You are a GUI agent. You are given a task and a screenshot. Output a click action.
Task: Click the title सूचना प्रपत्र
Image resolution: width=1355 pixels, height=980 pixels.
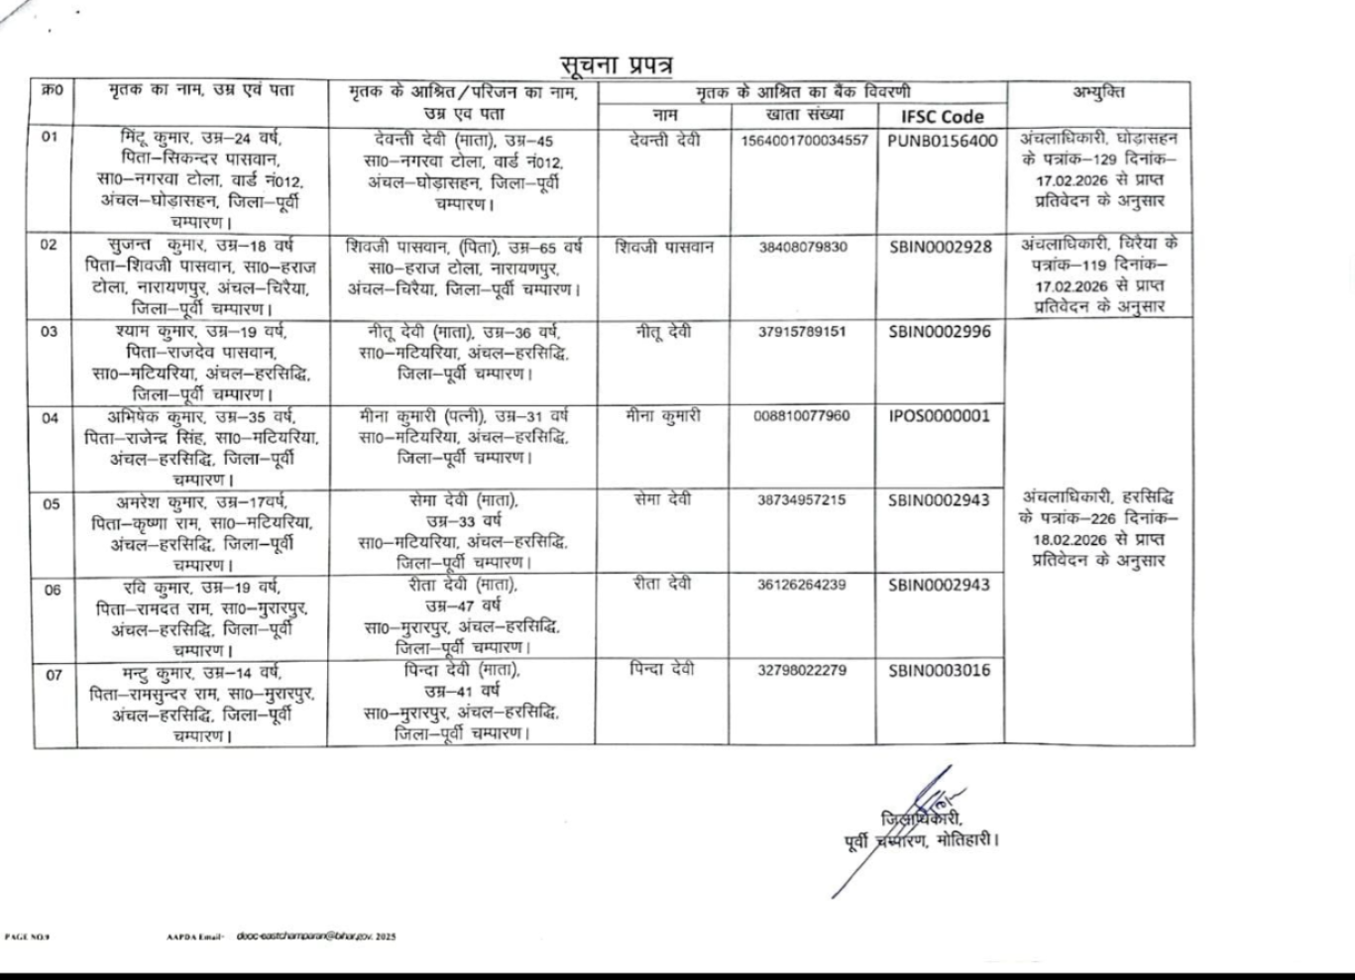pyautogui.click(x=616, y=66)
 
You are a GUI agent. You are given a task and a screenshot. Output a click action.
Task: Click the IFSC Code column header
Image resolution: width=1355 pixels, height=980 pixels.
pyautogui.click(x=942, y=116)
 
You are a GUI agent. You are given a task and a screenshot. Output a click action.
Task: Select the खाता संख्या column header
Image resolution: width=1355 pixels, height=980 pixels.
pyautogui.click(x=803, y=115)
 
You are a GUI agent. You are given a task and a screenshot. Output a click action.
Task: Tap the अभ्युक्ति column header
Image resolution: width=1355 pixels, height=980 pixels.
pyautogui.click(x=1098, y=92)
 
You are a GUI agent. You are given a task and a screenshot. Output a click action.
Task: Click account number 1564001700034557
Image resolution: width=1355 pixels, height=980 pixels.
pyautogui.click(x=804, y=141)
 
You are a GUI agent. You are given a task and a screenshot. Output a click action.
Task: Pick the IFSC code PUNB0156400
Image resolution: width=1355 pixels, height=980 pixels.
pyautogui.click(x=942, y=141)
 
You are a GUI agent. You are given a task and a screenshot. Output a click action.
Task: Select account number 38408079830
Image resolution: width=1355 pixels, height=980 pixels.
pyautogui.click(x=803, y=247)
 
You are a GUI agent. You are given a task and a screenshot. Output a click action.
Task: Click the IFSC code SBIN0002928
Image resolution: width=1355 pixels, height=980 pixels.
pyautogui.click(x=940, y=247)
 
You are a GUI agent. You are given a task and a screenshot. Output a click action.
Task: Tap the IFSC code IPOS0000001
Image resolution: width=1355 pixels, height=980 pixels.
pyautogui.click(x=939, y=415)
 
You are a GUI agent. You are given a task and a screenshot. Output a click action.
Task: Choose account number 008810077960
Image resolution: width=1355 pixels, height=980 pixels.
pyautogui.click(x=801, y=416)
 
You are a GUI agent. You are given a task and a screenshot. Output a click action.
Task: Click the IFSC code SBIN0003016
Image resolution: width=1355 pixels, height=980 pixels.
pyautogui.click(x=939, y=670)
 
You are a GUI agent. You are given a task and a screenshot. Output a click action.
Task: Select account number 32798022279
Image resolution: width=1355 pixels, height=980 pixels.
pyautogui.click(x=802, y=671)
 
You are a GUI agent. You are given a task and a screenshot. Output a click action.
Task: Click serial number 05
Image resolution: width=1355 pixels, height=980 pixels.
pyautogui.click(x=52, y=503)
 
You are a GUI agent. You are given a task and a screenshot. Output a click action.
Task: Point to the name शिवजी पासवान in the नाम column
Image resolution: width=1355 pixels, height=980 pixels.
pyautogui.click(x=664, y=247)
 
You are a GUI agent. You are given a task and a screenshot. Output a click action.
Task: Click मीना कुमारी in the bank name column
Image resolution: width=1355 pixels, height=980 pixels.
pyautogui.click(x=663, y=416)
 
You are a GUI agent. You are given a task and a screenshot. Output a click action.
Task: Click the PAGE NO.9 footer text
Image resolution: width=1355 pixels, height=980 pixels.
pyautogui.click(x=27, y=935)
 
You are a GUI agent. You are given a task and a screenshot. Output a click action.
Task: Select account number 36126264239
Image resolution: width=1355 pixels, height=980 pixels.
pyautogui.click(x=802, y=585)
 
